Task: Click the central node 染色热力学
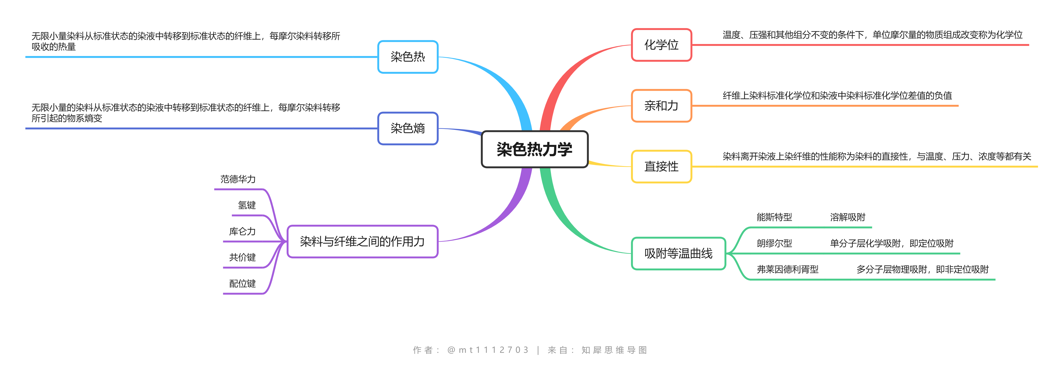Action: (x=534, y=149)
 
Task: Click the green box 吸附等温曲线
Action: (x=678, y=253)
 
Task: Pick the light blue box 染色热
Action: (x=408, y=57)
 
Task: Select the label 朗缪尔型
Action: (x=774, y=243)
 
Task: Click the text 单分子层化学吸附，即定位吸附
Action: (x=891, y=243)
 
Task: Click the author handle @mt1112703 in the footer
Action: (x=488, y=350)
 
